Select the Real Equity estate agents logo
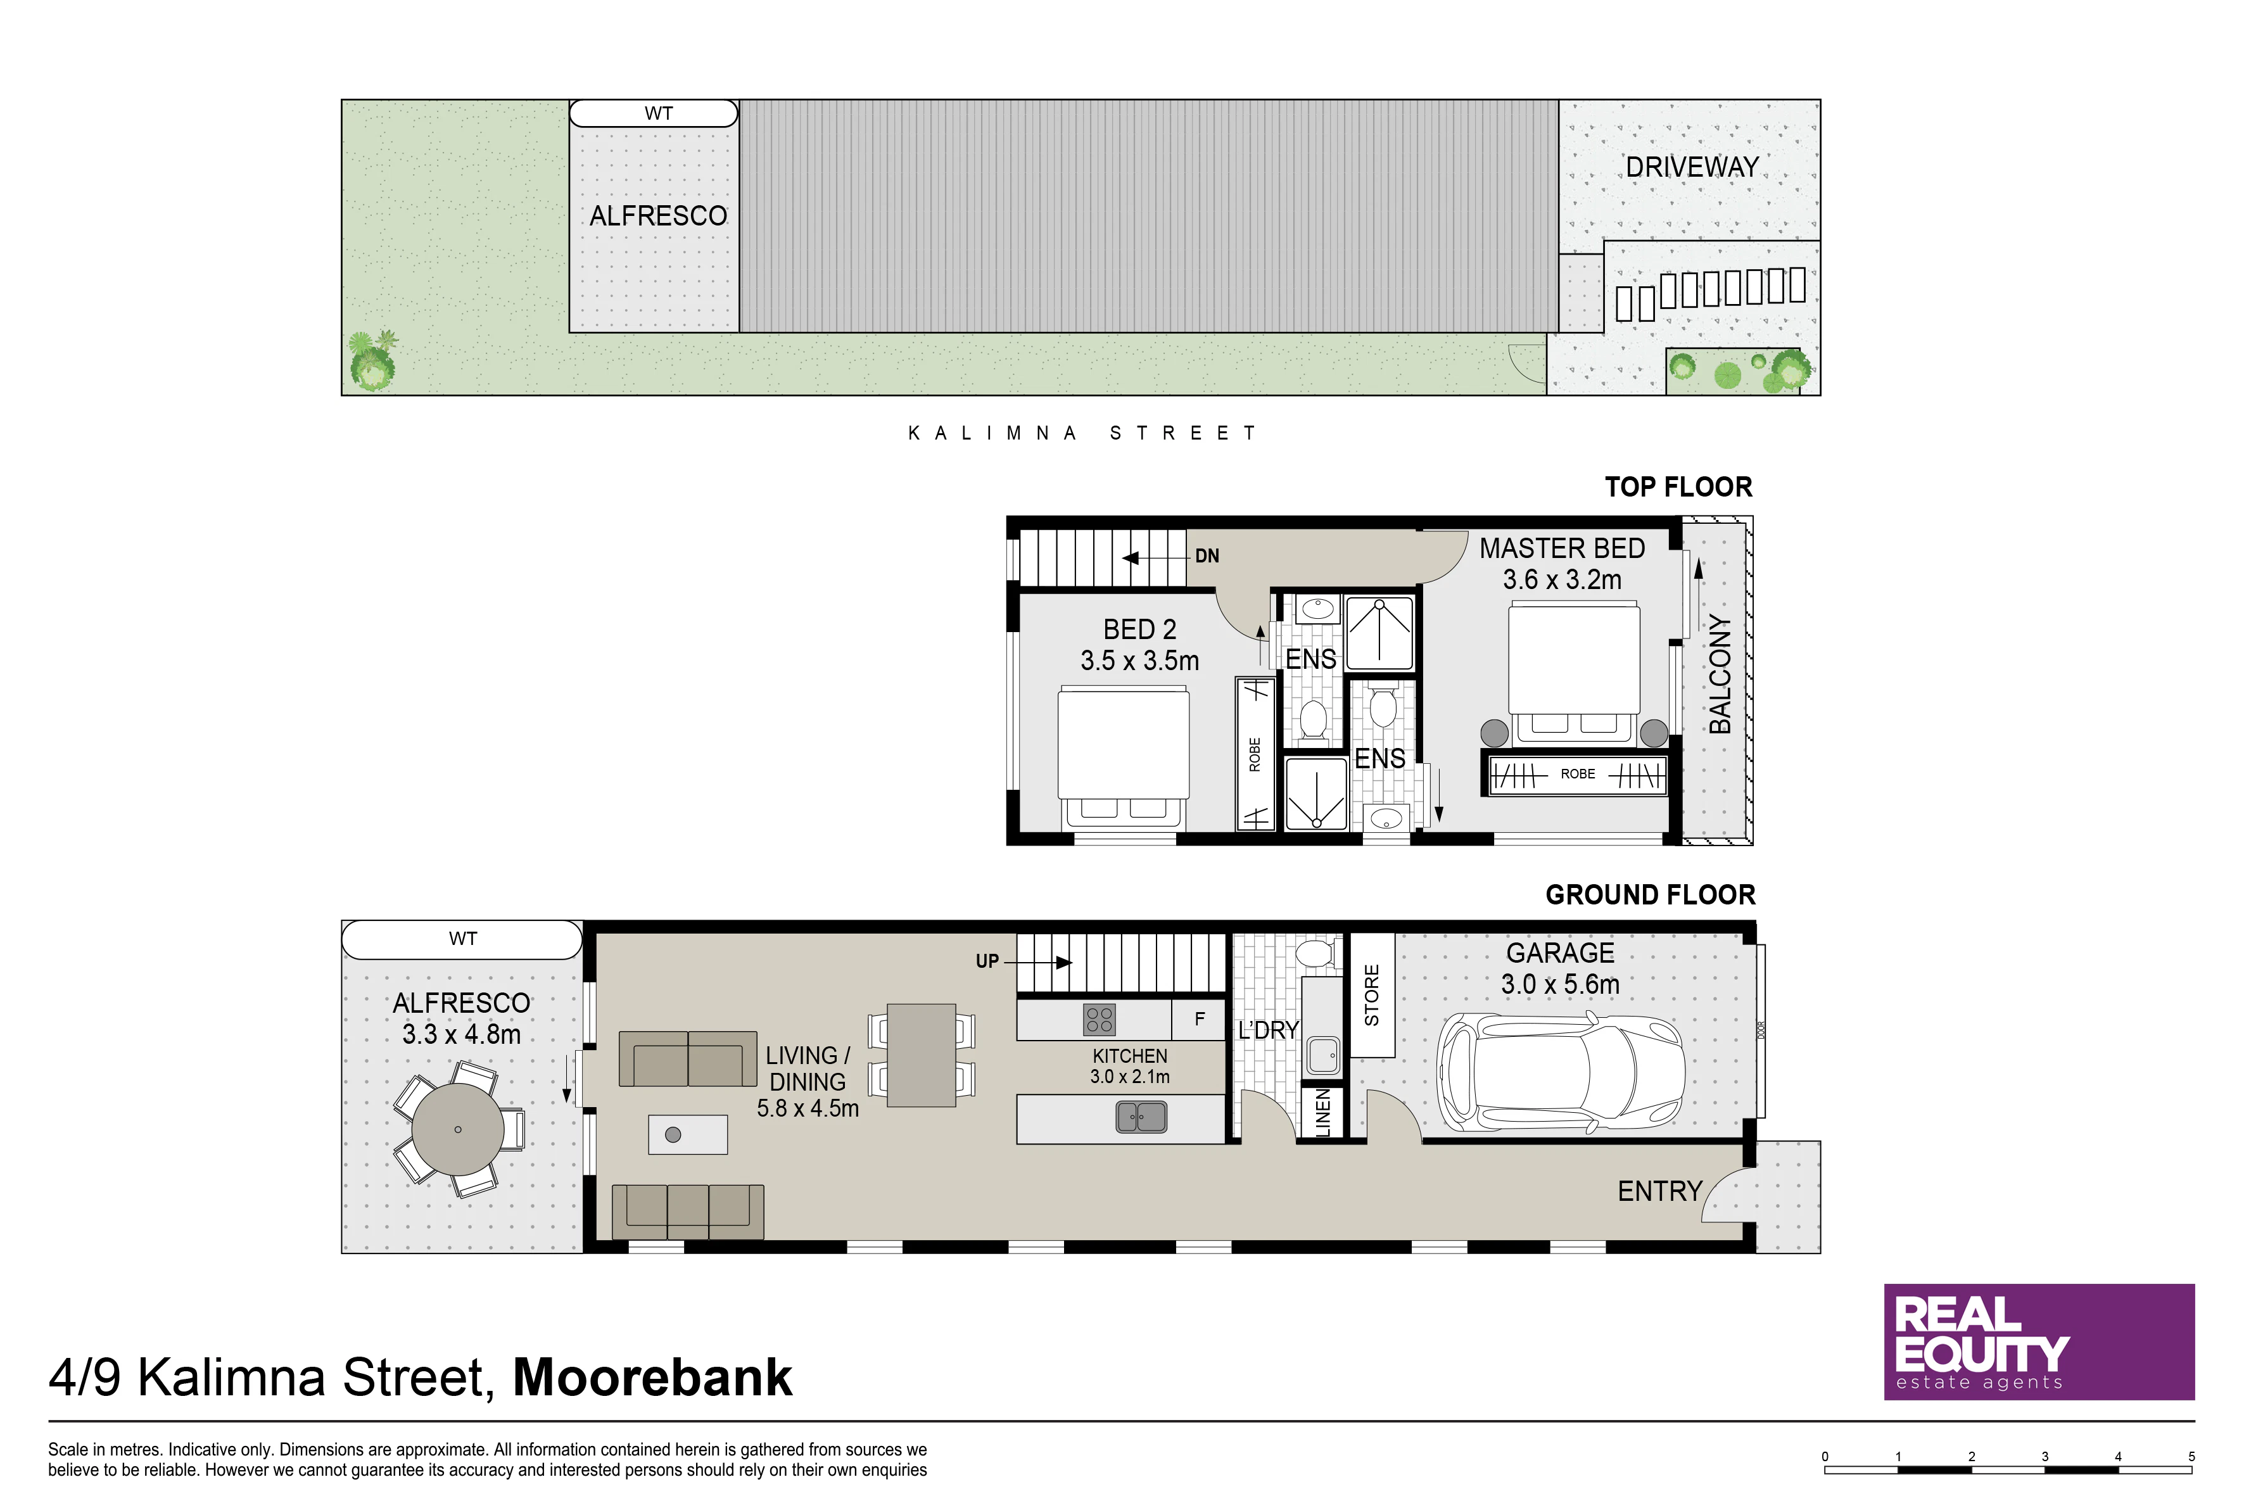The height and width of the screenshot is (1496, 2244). pyautogui.click(x=2039, y=1341)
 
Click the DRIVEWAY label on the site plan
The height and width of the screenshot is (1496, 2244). pyautogui.click(x=1692, y=167)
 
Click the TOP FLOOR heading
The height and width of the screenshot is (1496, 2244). pyautogui.click(x=1678, y=488)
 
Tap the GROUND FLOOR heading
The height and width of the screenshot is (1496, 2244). pyautogui.click(x=1651, y=895)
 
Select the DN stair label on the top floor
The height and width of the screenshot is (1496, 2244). pyautogui.click(x=1207, y=555)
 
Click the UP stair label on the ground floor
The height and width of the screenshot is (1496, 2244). pyautogui.click(x=987, y=961)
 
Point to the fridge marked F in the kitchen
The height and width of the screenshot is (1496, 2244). pyautogui.click(x=1200, y=1019)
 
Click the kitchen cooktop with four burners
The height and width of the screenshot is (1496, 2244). pyautogui.click(x=1099, y=1020)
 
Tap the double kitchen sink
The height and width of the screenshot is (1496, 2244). pyautogui.click(x=1141, y=1116)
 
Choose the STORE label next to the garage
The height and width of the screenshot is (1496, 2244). pyautogui.click(x=1372, y=995)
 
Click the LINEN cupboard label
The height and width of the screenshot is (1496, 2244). pyautogui.click(x=1322, y=1112)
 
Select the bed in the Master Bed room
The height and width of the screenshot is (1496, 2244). pyautogui.click(x=1575, y=673)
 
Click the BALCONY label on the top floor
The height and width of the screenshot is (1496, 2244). pyautogui.click(x=1719, y=674)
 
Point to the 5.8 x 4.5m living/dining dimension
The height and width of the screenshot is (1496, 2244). pyautogui.click(x=808, y=1108)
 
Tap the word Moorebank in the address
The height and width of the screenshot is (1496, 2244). pyautogui.click(x=652, y=1377)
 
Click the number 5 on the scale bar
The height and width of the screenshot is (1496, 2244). pyautogui.click(x=2191, y=1457)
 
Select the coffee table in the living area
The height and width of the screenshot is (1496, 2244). pyautogui.click(x=688, y=1134)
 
